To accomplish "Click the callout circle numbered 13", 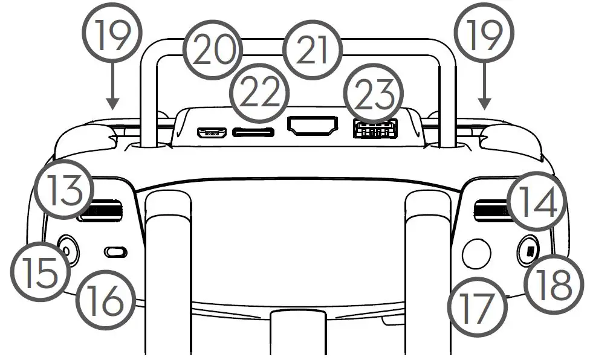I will [x=63, y=190].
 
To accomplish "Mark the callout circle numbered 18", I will [x=548, y=286].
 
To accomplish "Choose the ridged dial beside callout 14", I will [x=490, y=210].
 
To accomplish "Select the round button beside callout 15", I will [x=68, y=248].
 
